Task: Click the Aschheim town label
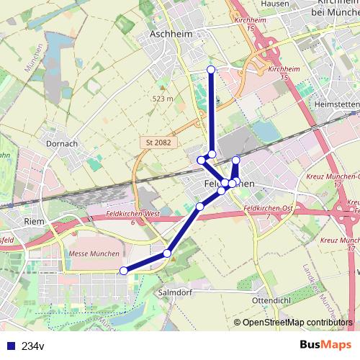coord(168,34)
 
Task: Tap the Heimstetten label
coord(336,104)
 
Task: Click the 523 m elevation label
coord(163,99)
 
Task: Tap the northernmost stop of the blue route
coord(211,69)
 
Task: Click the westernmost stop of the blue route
coord(123,270)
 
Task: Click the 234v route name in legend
coord(32,346)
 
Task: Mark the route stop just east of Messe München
coord(167,253)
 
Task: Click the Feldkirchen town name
coord(230,184)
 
